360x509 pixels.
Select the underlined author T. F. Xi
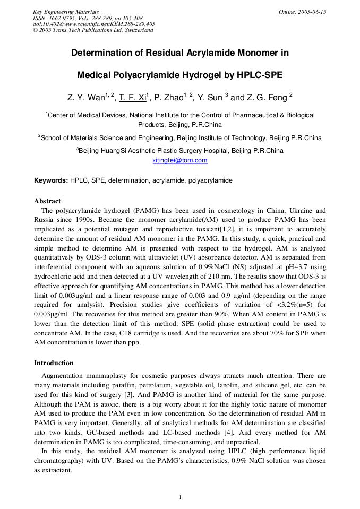pyautogui.click(x=132, y=98)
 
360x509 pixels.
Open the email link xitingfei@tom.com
pyautogui.click(x=180, y=160)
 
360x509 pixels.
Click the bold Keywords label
pyautogui.click(x=51, y=180)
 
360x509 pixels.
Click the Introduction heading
pyautogui.click(x=54, y=363)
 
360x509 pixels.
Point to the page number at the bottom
pyautogui.click(x=180, y=497)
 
